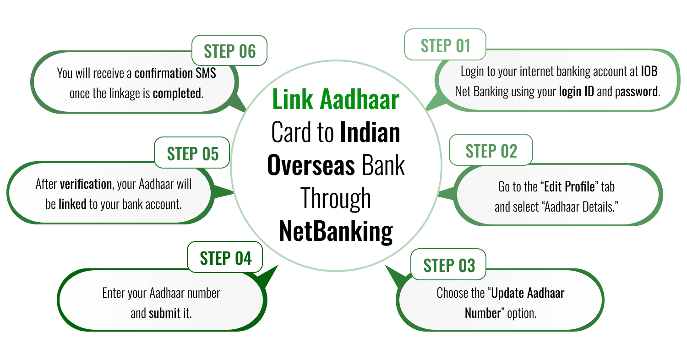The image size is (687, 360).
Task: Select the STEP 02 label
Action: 491,151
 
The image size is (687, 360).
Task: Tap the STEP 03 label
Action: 449,266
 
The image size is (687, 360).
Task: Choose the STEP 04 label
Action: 225,258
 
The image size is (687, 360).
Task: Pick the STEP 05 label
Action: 192,153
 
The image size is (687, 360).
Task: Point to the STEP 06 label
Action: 229,51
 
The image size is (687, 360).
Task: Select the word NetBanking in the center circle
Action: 336,232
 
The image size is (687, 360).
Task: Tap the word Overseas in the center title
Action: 311,166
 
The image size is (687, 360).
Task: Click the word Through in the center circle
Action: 336,199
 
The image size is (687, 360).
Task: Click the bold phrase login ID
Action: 576,92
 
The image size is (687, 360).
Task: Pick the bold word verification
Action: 86,184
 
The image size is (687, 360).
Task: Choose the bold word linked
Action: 72,204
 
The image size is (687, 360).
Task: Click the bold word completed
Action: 177,93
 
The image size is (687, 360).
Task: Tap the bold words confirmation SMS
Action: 175,73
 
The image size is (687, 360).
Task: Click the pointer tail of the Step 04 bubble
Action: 267,277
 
